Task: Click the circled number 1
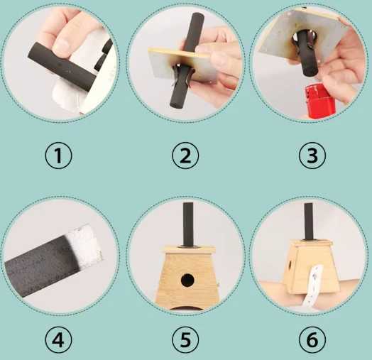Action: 58,156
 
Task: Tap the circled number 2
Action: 185,156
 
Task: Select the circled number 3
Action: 312,156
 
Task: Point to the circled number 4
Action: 58,339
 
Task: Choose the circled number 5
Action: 185,339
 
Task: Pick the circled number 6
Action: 312,339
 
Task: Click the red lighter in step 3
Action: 317,100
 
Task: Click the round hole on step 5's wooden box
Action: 187,280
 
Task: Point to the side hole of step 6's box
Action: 290,266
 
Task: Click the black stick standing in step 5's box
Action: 188,224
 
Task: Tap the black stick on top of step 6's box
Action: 309,221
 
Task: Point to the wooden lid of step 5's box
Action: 188,249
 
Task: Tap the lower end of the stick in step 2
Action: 174,104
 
